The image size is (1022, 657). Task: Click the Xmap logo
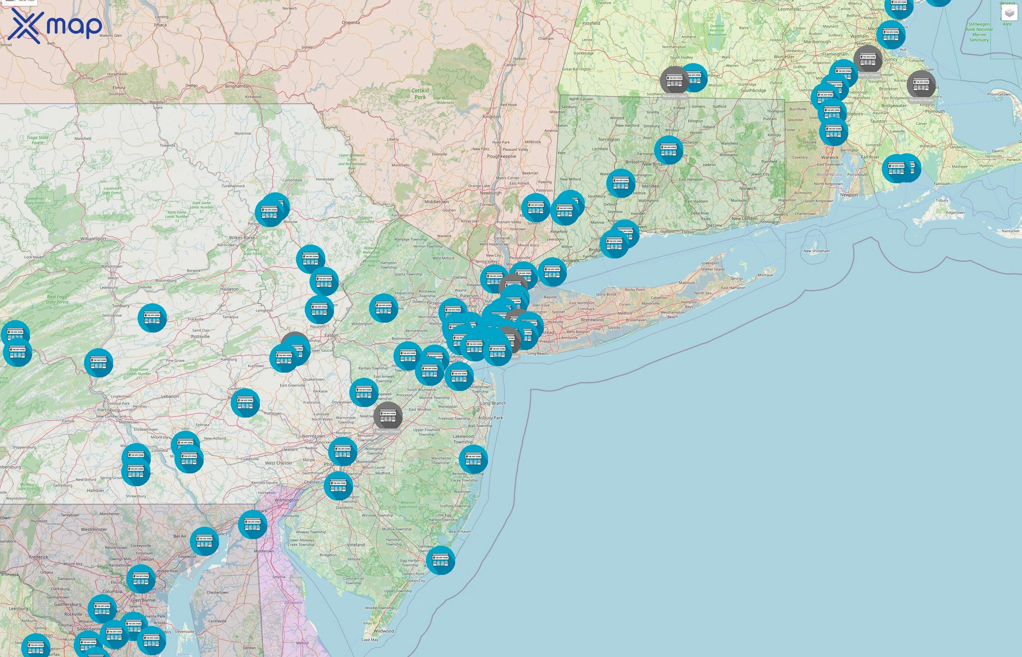coord(55,26)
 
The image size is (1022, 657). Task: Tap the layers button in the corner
coord(1009,13)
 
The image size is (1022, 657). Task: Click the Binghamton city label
coord(238,86)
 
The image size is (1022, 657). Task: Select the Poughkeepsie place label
coord(501,156)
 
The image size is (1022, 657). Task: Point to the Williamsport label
coord(93,239)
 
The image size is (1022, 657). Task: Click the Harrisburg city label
coord(108,410)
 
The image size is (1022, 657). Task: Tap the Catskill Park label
coord(420,94)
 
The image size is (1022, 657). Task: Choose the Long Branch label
coord(493,403)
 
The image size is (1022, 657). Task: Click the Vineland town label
coord(356,545)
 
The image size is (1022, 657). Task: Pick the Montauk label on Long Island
coord(765,275)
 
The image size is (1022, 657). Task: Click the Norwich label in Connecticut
coord(748,189)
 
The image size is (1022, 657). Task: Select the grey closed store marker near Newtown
coord(388,416)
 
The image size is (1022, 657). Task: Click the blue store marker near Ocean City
coord(440,560)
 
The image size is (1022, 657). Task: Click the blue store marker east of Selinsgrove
coord(152,318)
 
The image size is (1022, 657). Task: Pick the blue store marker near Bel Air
coord(204,541)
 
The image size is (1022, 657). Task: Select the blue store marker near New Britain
coord(668,150)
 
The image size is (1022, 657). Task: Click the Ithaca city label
coord(160,25)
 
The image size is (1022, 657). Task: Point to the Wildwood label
coord(384,631)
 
